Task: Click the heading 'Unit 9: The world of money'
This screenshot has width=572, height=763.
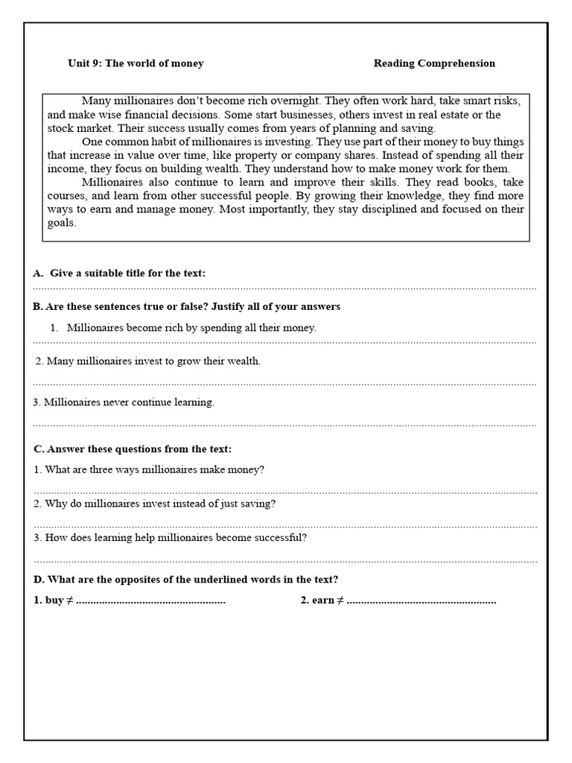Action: tap(136, 63)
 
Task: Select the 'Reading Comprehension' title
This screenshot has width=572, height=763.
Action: tap(434, 63)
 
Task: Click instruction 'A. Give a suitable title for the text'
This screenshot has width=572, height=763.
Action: tap(119, 273)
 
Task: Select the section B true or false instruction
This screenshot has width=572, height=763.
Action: tap(186, 307)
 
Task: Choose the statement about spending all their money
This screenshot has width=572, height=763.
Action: tap(191, 327)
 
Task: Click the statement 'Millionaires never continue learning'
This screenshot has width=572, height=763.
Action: tap(124, 402)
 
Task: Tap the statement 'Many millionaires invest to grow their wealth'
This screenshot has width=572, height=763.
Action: tap(149, 361)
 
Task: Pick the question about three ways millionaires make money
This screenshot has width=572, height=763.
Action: tap(149, 469)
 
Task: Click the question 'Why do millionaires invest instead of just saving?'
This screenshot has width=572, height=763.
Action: tap(155, 504)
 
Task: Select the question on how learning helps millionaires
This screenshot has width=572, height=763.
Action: tap(170, 537)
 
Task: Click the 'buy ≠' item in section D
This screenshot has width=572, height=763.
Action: tap(54, 601)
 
